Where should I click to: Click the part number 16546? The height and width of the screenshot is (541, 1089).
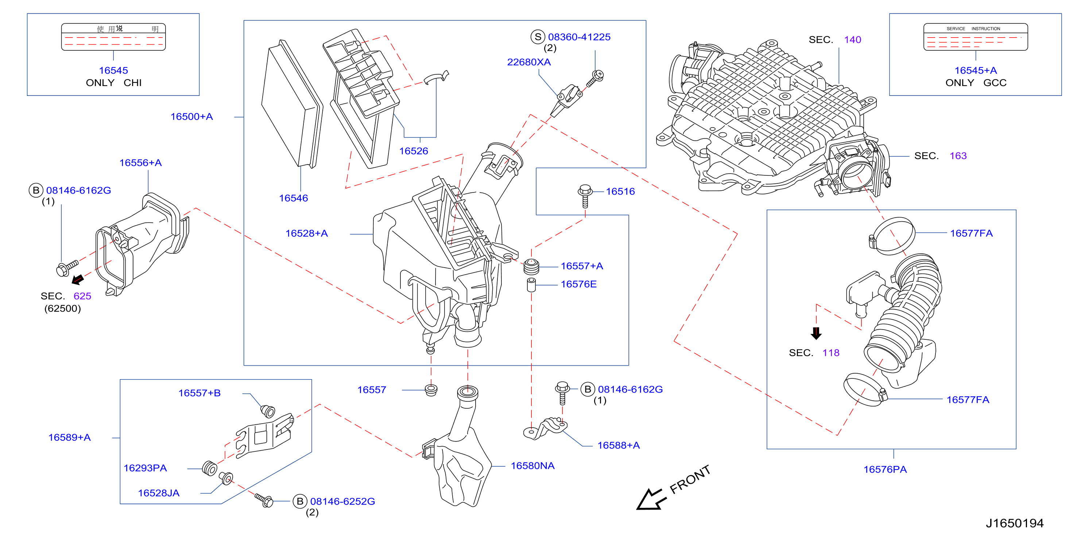coord(293,198)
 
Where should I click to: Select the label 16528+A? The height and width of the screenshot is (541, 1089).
coord(306,233)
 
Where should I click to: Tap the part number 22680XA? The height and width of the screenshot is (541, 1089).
coord(529,62)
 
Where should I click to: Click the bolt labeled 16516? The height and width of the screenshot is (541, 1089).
coord(585,196)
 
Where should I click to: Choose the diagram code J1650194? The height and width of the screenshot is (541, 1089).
coord(1015,523)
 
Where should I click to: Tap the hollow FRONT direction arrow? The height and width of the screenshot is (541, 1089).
coord(651,499)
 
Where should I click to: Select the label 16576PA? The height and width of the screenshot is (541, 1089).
coord(885,470)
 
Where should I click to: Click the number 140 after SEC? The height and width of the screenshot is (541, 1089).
coord(852,40)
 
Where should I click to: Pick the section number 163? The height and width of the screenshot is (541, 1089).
coord(958,156)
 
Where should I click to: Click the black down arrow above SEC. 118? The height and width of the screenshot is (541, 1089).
coord(816,333)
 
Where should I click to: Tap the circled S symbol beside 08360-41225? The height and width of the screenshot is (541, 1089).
coord(538,37)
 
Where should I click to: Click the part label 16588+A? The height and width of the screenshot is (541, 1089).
coord(619,445)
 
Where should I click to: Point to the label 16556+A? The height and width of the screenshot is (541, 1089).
coord(140,163)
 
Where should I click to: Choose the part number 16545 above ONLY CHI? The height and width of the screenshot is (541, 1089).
coord(113,71)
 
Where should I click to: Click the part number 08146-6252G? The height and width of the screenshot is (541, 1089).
coord(342,501)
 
